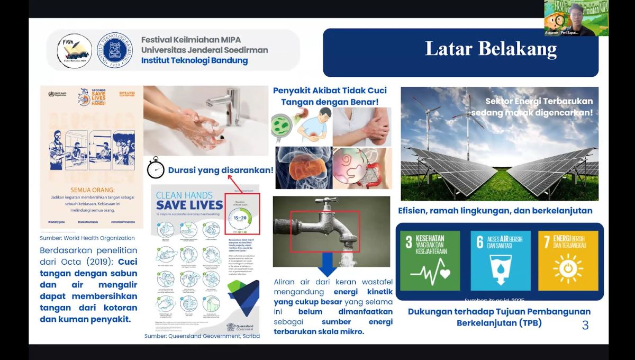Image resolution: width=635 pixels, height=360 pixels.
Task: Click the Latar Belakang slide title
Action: [491, 49]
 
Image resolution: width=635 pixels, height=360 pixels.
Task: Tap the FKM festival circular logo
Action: [74, 51]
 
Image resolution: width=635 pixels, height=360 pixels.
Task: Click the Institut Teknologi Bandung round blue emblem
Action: [115, 51]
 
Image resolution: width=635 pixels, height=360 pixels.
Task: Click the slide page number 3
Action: [585, 326]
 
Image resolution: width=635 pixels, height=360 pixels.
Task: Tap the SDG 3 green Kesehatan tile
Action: [430, 260]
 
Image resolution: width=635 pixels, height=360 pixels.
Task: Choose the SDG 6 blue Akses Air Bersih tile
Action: [500, 260]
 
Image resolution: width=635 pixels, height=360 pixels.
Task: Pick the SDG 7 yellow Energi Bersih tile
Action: [568, 260]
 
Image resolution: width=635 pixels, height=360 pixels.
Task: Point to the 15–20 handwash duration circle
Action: [242, 217]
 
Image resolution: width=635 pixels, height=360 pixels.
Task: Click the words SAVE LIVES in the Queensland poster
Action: [189, 205]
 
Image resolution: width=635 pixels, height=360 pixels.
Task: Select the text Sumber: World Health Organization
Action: [87, 238]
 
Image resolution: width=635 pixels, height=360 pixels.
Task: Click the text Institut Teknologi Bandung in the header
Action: [194, 60]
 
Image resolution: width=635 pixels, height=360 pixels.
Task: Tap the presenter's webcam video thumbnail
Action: [576, 18]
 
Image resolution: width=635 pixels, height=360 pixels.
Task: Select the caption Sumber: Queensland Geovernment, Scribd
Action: [202, 336]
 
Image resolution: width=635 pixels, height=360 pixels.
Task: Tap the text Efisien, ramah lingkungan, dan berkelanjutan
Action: [495, 211]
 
